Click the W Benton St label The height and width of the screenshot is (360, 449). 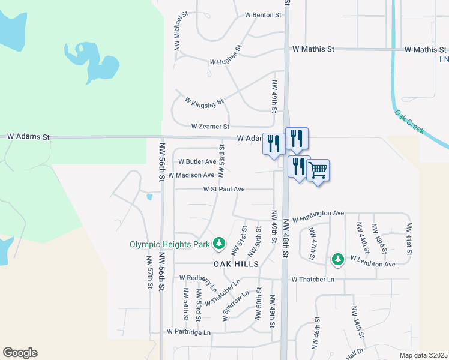coord(263,15)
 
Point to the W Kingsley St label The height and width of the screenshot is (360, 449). coord(204,103)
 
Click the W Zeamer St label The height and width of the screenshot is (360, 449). coord(210,127)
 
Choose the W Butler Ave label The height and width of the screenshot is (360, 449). coord(197,161)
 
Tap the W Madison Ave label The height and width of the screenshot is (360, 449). coord(191,175)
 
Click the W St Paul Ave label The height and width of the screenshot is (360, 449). coord(223,189)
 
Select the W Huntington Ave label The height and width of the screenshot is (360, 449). coord(318,213)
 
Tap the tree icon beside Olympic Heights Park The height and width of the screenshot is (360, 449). coord(220,244)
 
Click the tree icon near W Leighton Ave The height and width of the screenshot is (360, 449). coord(338,259)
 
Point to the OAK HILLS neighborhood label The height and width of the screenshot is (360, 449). coord(236,264)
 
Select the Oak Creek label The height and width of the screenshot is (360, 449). coord(410,121)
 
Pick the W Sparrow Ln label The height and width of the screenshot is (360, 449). coord(235,306)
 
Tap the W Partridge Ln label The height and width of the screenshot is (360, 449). coord(189,332)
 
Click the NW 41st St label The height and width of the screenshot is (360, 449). coord(409,239)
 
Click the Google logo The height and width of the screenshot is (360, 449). coord(20,353)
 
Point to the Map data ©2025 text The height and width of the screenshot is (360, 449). coord(423,355)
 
